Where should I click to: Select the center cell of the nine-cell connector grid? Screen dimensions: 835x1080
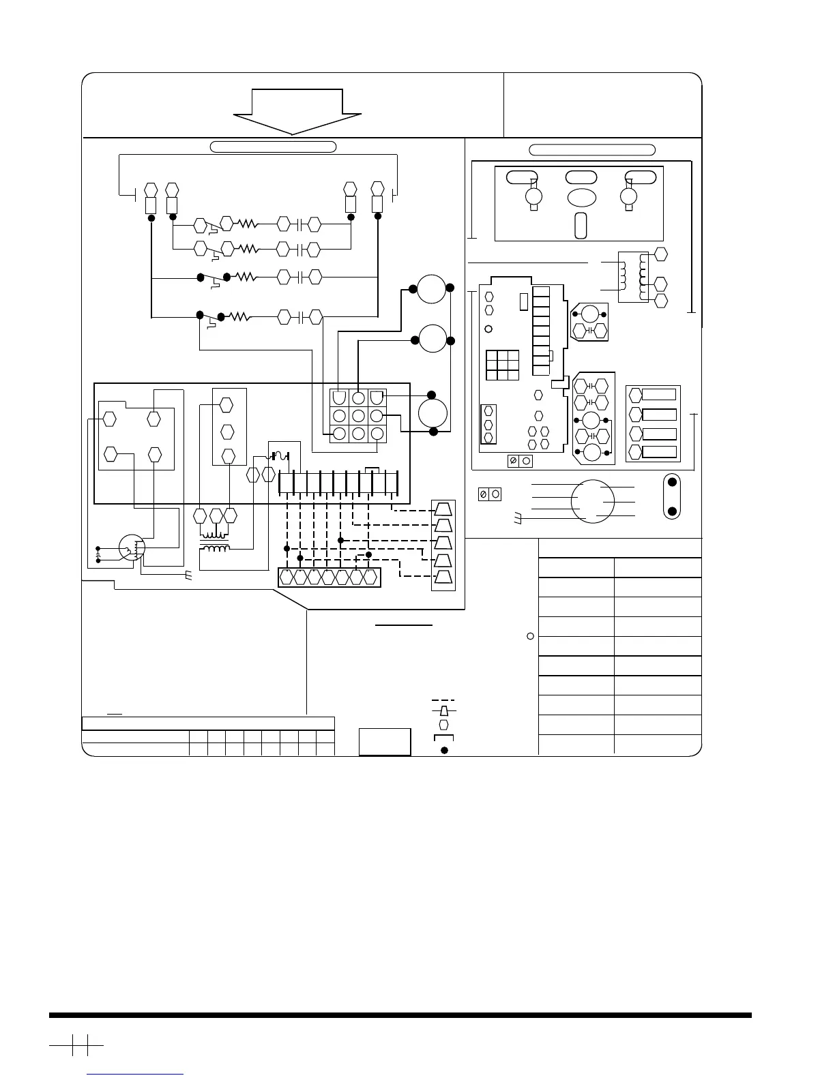(x=358, y=415)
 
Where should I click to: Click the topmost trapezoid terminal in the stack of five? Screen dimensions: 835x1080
(x=443, y=509)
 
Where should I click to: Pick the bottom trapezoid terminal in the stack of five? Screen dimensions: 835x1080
(x=443, y=577)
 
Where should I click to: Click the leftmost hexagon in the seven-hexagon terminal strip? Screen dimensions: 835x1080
(x=287, y=577)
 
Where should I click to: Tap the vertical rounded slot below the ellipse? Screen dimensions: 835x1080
(x=581, y=226)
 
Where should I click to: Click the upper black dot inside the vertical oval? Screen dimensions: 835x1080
(x=672, y=483)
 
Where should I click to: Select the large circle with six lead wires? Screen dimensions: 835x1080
(x=593, y=502)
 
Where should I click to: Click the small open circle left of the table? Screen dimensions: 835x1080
(x=530, y=636)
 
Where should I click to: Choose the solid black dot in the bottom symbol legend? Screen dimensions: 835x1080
(x=443, y=751)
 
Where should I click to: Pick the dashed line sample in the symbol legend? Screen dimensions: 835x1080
(x=443, y=701)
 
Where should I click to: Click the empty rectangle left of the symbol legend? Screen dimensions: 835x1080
(x=385, y=741)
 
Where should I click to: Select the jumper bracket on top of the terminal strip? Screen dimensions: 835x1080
(x=372, y=469)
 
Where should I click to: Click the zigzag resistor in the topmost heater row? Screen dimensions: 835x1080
(x=247, y=223)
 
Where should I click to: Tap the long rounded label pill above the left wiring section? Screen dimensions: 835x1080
(x=273, y=146)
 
